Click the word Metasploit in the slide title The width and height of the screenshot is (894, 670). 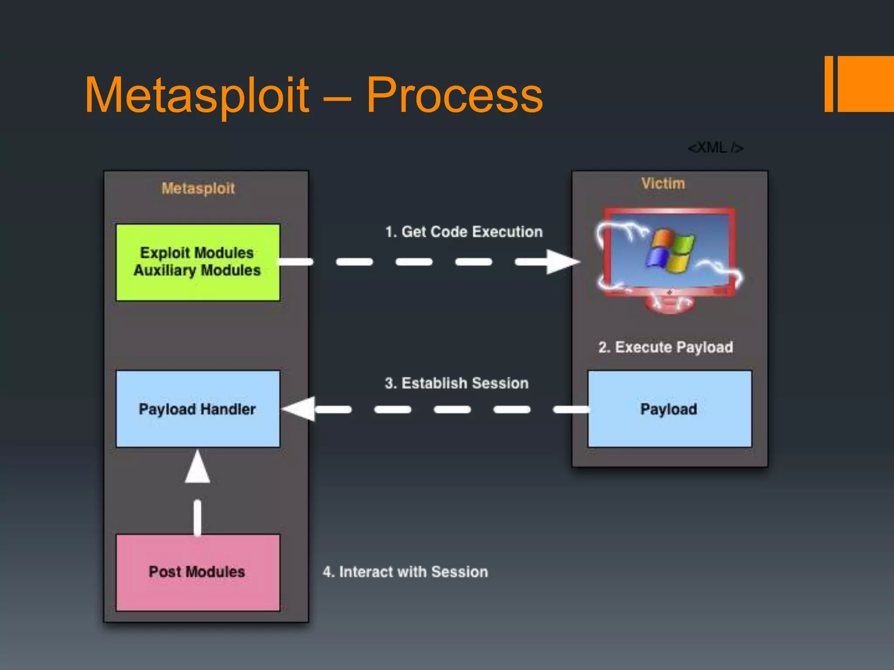tap(196, 95)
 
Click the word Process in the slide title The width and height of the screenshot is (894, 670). tap(454, 95)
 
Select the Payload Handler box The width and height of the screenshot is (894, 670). tap(198, 409)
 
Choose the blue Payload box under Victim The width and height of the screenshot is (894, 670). tap(669, 409)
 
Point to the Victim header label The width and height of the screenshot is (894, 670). tap(663, 184)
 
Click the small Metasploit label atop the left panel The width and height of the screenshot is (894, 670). tap(198, 188)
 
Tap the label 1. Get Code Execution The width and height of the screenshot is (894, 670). tap(464, 232)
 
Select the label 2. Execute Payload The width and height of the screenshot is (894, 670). tap(665, 347)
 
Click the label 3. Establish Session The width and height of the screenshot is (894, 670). tap(456, 383)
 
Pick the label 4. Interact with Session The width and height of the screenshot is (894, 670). tap(405, 572)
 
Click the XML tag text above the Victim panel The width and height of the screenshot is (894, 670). tap(715, 148)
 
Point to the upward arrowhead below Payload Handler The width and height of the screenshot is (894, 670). tap(197, 468)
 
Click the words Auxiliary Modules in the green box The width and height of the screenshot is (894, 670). tap(197, 270)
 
